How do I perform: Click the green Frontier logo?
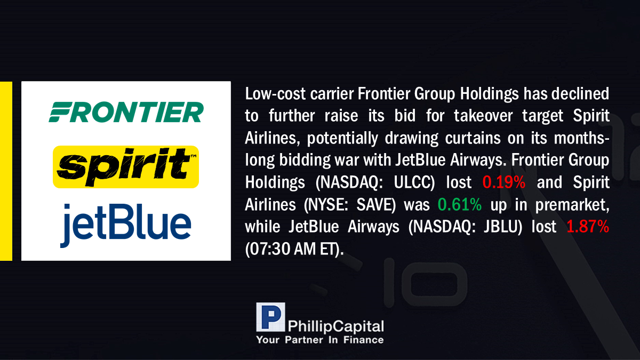click(126, 112)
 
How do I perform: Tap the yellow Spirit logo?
click(126, 167)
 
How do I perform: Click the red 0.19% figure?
click(503, 182)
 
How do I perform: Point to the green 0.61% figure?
click(459, 205)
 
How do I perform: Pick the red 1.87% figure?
click(588, 227)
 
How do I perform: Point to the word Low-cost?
click(275, 94)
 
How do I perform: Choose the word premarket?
click(572, 205)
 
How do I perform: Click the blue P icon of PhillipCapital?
click(270, 317)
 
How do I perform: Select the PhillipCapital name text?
click(335, 326)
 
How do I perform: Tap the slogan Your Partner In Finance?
click(320, 340)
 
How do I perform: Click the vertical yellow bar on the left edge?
click(6, 171)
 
